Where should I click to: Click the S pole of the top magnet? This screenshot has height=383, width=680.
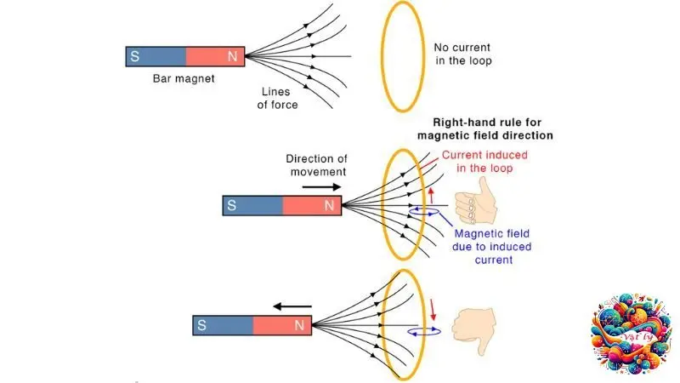pos(155,56)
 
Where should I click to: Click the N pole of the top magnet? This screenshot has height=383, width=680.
pos(215,56)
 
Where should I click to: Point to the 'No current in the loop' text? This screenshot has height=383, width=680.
pos(463,54)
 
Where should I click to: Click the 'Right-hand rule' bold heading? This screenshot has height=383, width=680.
pos(485,129)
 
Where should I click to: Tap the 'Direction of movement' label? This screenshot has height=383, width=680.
pos(317,165)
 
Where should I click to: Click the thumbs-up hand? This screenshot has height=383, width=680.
pos(473,204)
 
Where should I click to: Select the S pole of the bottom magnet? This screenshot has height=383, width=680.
pos(224,325)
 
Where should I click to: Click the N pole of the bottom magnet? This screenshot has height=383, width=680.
pos(282,325)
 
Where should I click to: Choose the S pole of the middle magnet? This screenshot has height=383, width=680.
pos(252,205)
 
